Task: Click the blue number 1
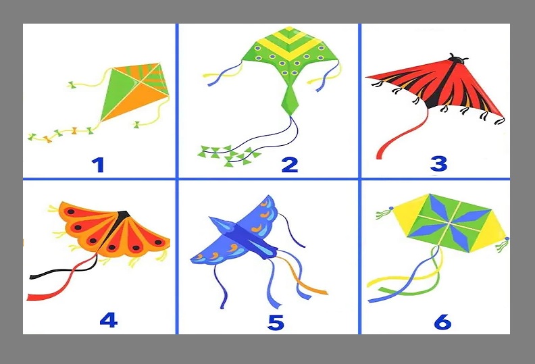click(x=98, y=165)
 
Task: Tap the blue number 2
click(x=290, y=164)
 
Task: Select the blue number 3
click(x=438, y=163)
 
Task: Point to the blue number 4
click(x=109, y=320)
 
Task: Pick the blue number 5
click(x=276, y=322)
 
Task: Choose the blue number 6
click(x=442, y=321)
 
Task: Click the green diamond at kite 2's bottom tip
click(x=290, y=101)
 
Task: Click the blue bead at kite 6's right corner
click(x=507, y=238)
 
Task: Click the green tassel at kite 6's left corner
click(x=384, y=214)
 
